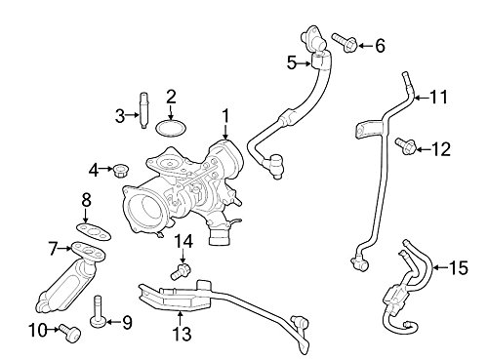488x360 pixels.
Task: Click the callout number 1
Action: (225, 117)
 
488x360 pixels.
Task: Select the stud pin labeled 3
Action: (143, 110)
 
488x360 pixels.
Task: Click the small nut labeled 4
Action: (121, 170)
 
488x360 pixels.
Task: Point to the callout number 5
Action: (292, 63)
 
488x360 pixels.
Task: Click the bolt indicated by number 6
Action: (346, 43)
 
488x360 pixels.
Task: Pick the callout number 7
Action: (54, 249)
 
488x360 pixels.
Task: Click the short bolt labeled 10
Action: (70, 334)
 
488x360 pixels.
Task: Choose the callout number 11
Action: (439, 97)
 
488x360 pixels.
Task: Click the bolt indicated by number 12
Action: (406, 146)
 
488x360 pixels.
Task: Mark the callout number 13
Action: (182, 334)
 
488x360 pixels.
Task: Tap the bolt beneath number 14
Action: (181, 271)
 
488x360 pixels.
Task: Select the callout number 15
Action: (459, 268)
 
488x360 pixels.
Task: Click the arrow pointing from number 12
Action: (423, 149)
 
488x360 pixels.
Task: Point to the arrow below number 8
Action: (86, 216)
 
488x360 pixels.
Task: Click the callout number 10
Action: (38, 331)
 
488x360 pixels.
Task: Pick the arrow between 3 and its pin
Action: (133, 115)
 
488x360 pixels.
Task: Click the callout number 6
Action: (380, 46)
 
